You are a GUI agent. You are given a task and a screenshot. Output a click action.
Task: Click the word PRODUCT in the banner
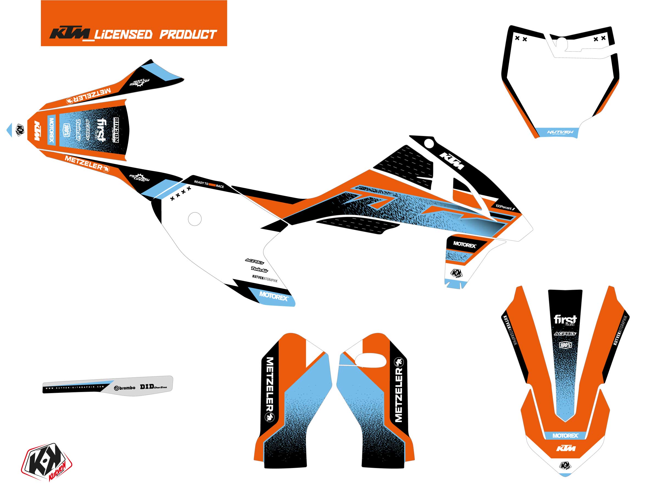[x=188, y=35]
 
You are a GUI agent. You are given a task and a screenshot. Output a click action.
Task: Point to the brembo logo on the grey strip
[x=125, y=388]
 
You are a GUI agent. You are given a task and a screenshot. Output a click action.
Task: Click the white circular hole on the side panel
[x=195, y=219]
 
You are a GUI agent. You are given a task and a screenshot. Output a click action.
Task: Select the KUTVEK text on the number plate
[x=560, y=132]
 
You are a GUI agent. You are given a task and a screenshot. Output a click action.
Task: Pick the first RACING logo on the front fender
[x=565, y=320]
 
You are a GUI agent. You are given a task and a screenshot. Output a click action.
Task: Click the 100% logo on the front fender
[x=565, y=345]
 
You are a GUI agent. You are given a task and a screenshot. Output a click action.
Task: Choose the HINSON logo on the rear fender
[x=116, y=130]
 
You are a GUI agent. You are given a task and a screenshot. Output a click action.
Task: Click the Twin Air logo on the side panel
[x=259, y=270]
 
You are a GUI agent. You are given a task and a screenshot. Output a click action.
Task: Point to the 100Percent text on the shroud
[x=504, y=207]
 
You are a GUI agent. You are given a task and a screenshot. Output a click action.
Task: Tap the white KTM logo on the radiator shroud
[x=452, y=161]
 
